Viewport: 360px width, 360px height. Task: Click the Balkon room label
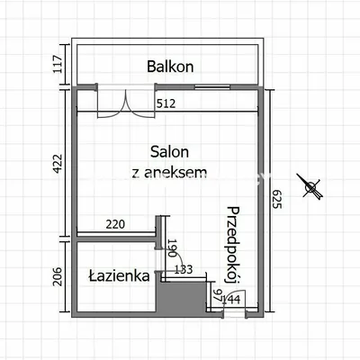[x=170, y=67]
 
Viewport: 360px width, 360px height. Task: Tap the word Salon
[x=169, y=152]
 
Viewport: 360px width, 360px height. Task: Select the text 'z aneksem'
[x=169, y=172]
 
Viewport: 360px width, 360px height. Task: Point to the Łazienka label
[x=119, y=275]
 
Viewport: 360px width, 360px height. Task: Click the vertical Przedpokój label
[x=232, y=245]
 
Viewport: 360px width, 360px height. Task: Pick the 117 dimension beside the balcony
[x=58, y=64]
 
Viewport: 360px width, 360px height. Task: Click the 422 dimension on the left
[x=57, y=164]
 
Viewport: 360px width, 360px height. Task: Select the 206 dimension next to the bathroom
[x=57, y=276]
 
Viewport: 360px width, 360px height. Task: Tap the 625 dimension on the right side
[x=276, y=199]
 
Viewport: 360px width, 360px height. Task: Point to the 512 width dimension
[x=166, y=103]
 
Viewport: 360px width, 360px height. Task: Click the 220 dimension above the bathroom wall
[x=115, y=224]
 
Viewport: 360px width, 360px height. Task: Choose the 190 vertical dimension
[x=172, y=248]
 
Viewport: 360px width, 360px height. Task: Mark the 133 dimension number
[x=184, y=269]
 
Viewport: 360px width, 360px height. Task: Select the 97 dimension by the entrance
[x=218, y=295]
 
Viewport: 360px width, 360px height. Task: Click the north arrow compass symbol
[x=310, y=186]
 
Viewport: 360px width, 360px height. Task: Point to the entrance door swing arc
[x=236, y=298]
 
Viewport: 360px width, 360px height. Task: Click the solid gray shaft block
[x=182, y=297]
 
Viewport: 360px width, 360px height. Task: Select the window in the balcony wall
[x=212, y=87]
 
